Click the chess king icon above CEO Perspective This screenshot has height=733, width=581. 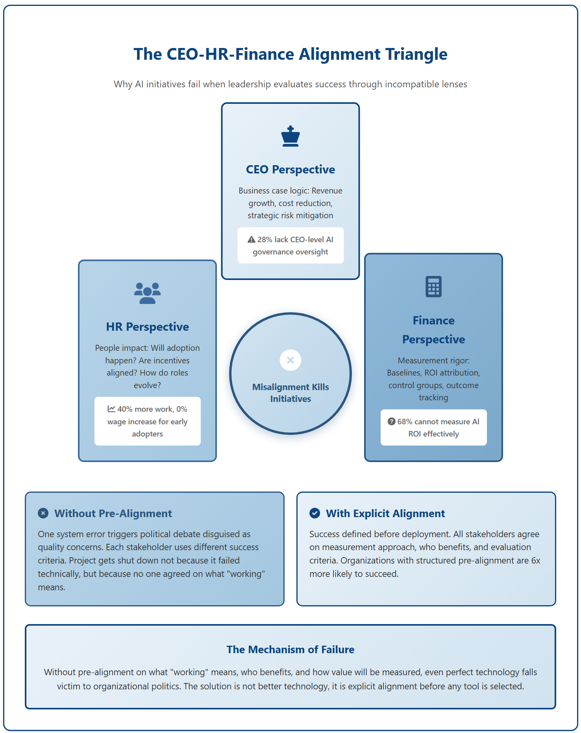click(290, 136)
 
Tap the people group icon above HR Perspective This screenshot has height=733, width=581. click(147, 293)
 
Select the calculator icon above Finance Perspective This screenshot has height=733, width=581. click(433, 287)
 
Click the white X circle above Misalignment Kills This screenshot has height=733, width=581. click(290, 360)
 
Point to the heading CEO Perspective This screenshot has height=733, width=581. click(290, 169)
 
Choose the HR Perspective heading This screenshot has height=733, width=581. click(147, 327)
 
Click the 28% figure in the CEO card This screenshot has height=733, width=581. click(265, 239)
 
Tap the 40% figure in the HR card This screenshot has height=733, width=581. click(125, 409)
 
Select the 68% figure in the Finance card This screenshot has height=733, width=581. click(405, 422)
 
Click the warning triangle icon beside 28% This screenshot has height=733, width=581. click(252, 239)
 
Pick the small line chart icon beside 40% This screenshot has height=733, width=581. click(111, 409)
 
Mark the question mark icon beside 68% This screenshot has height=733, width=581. click(391, 422)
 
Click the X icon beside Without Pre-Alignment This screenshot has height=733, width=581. click(43, 513)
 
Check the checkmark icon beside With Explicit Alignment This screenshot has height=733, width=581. click(315, 513)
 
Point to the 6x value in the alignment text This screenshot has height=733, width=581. click(535, 560)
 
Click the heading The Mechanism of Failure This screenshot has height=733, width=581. click(290, 649)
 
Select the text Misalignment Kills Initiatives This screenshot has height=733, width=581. click(290, 393)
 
